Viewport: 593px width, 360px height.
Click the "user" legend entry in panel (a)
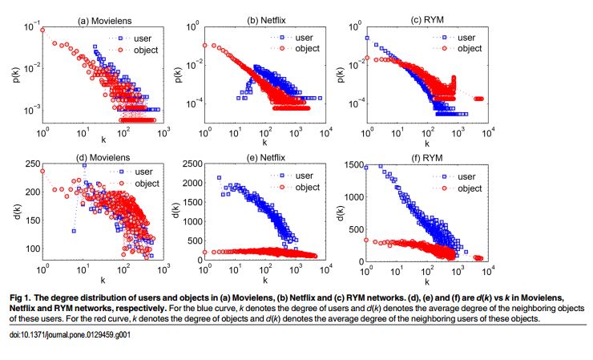(145, 38)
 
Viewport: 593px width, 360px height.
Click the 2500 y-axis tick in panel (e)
(188, 164)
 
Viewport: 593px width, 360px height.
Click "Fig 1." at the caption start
(22, 296)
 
